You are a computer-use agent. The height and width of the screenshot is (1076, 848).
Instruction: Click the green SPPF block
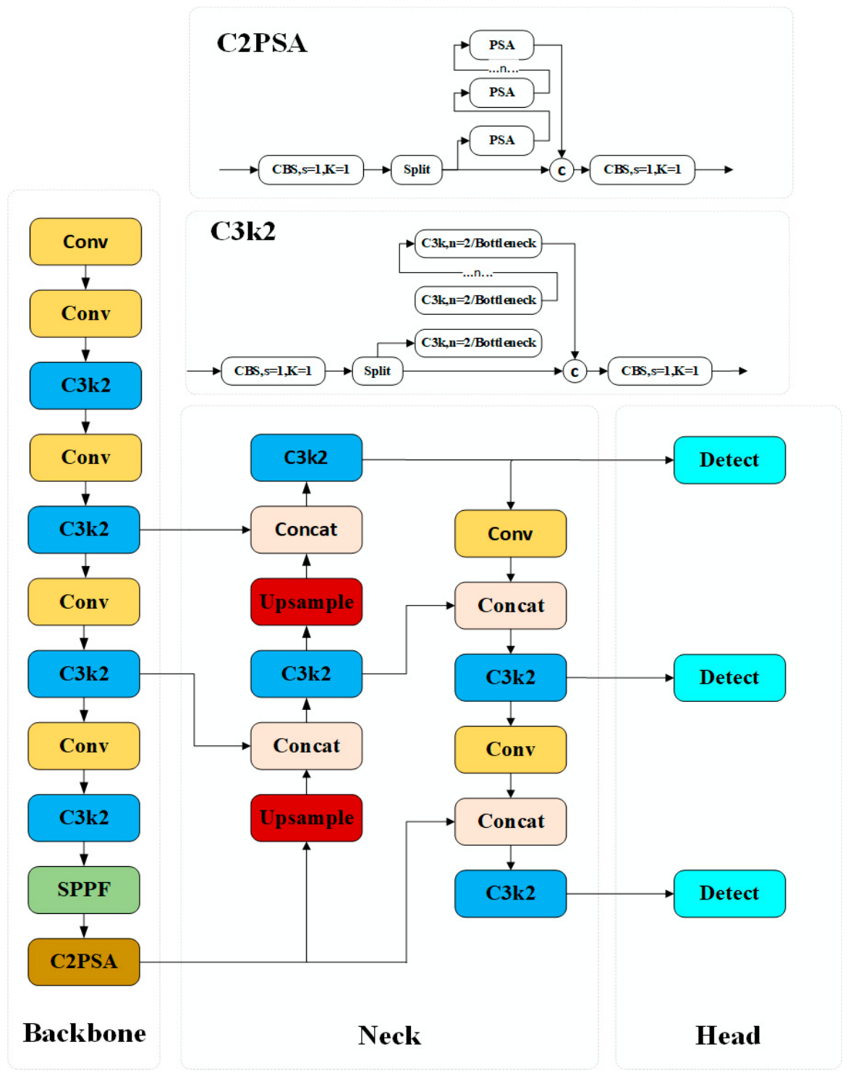tap(83, 889)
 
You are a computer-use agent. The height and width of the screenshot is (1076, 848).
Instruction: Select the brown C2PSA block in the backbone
tap(83, 962)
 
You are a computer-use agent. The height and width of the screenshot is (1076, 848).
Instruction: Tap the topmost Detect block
tap(729, 460)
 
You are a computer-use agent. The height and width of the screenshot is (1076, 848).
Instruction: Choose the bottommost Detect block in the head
tap(729, 894)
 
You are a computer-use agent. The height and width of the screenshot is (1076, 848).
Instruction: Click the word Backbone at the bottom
tap(85, 1033)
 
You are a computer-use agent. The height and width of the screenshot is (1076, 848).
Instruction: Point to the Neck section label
tap(389, 1035)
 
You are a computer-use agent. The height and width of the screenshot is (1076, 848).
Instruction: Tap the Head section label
tap(728, 1035)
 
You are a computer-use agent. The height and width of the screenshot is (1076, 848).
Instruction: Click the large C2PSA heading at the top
tap(261, 43)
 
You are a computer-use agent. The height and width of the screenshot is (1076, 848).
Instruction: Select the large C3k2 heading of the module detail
tap(243, 232)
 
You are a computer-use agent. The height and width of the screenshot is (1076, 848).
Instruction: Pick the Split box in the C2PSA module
tap(417, 170)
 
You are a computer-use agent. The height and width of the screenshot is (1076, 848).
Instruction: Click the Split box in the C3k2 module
tap(378, 371)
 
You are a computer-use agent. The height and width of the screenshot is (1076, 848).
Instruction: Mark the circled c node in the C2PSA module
tap(561, 170)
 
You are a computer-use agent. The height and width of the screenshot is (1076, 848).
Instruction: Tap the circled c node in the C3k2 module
tap(574, 371)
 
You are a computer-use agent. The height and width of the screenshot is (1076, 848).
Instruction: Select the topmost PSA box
tap(501, 45)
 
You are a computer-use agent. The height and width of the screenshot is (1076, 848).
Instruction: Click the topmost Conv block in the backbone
tap(85, 242)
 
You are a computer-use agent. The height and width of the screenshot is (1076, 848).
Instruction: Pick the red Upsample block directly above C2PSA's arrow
tap(307, 818)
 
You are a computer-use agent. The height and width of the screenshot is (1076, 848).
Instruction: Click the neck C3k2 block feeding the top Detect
tap(307, 457)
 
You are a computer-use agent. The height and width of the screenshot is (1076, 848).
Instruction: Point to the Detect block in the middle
tap(729, 677)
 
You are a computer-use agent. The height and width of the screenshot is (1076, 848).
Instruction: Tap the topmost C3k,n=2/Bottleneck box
tap(478, 244)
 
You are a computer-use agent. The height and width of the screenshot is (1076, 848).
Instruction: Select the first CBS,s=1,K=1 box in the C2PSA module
tap(311, 170)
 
